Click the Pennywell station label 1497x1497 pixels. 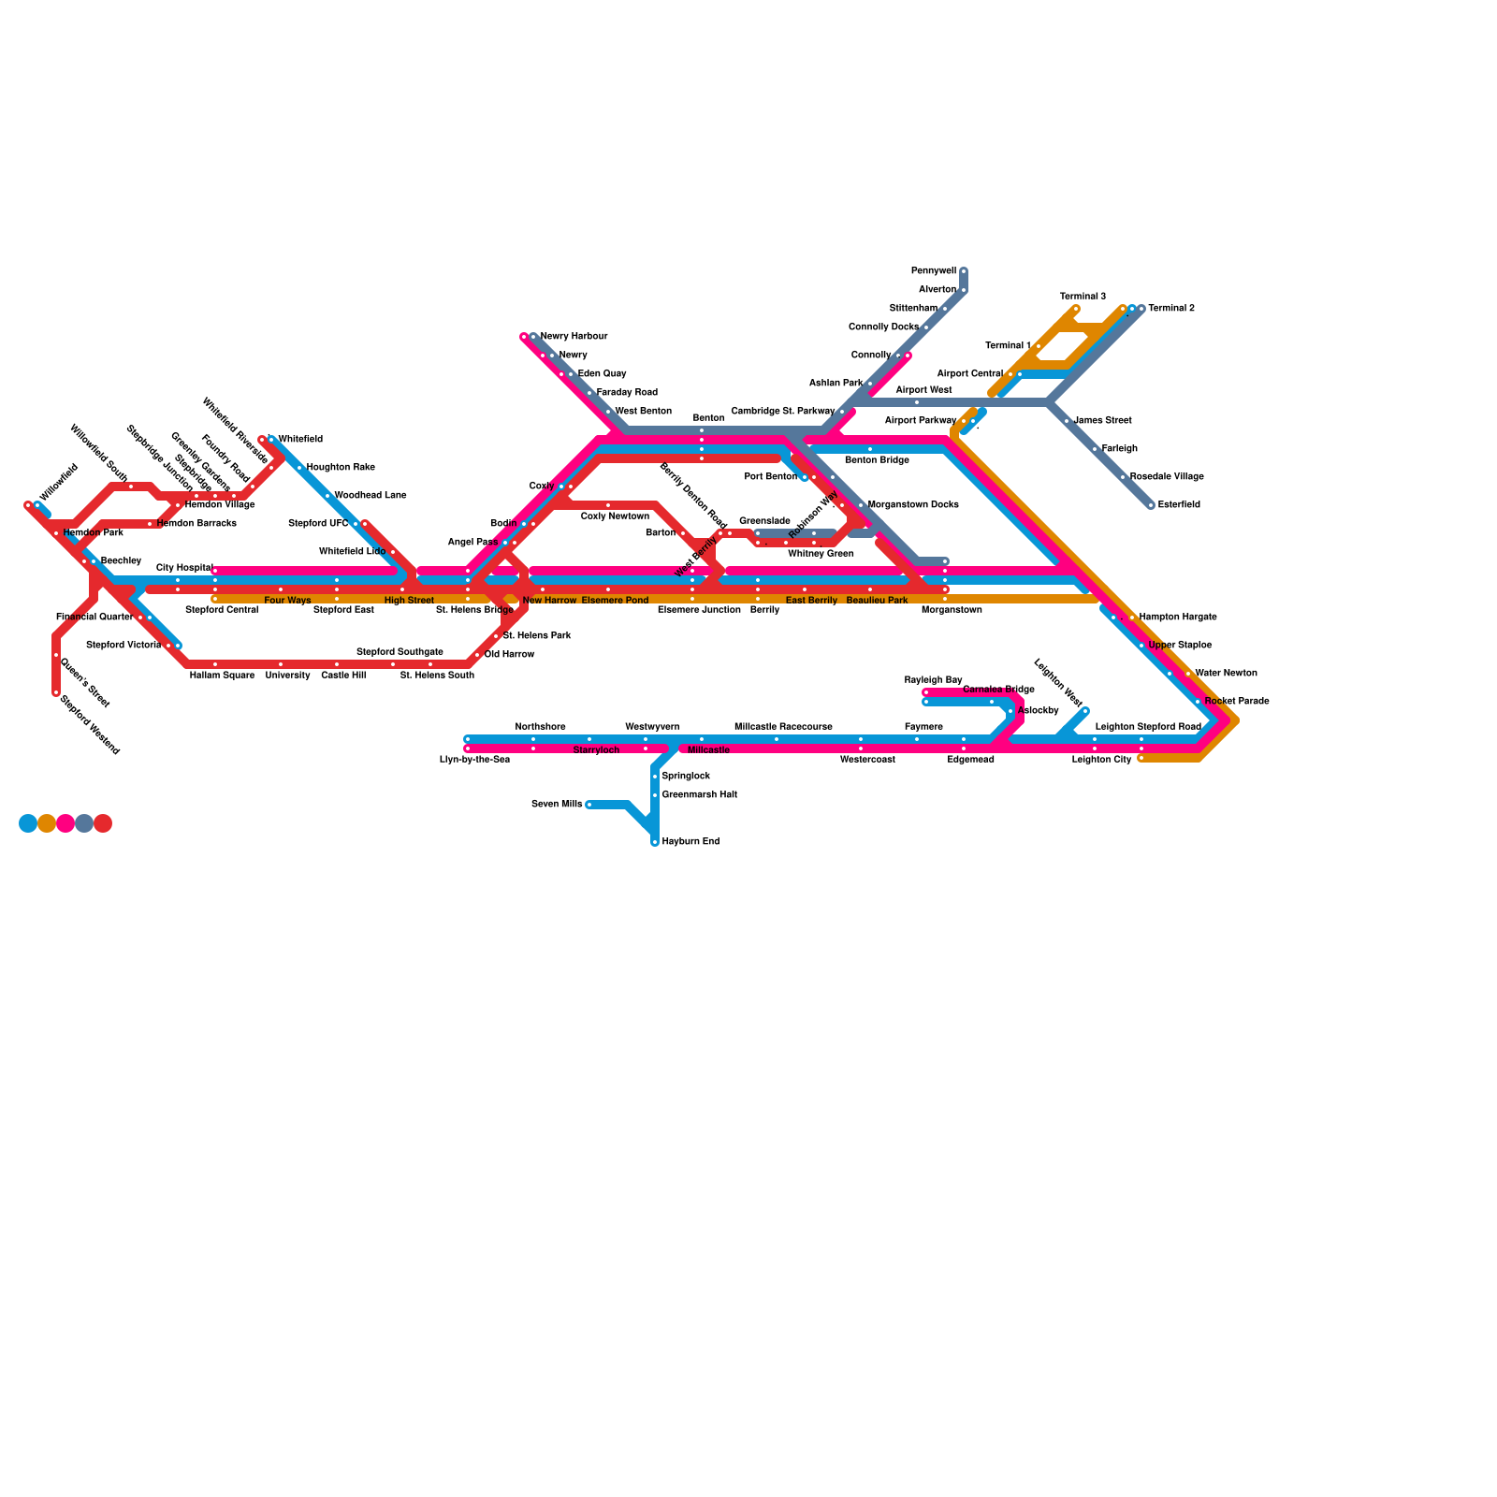(933, 271)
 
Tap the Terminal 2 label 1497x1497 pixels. (1171, 309)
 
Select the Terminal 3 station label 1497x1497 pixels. (1083, 297)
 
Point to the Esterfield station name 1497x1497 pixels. (1179, 505)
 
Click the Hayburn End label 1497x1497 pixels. (690, 842)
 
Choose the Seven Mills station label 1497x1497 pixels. (557, 805)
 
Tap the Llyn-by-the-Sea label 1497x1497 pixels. (474, 760)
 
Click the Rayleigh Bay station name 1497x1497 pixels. (933, 680)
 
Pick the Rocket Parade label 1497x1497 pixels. (1237, 702)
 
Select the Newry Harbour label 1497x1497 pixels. (574, 337)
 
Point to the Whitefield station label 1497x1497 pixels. (300, 440)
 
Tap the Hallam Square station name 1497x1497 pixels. (222, 676)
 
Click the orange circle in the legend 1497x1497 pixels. (47, 823)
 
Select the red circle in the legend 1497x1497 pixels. (103, 823)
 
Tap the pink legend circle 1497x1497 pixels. (65, 823)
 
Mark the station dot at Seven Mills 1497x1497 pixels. (589, 805)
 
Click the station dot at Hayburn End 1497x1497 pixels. (655, 842)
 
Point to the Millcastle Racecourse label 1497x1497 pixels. (783, 727)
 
